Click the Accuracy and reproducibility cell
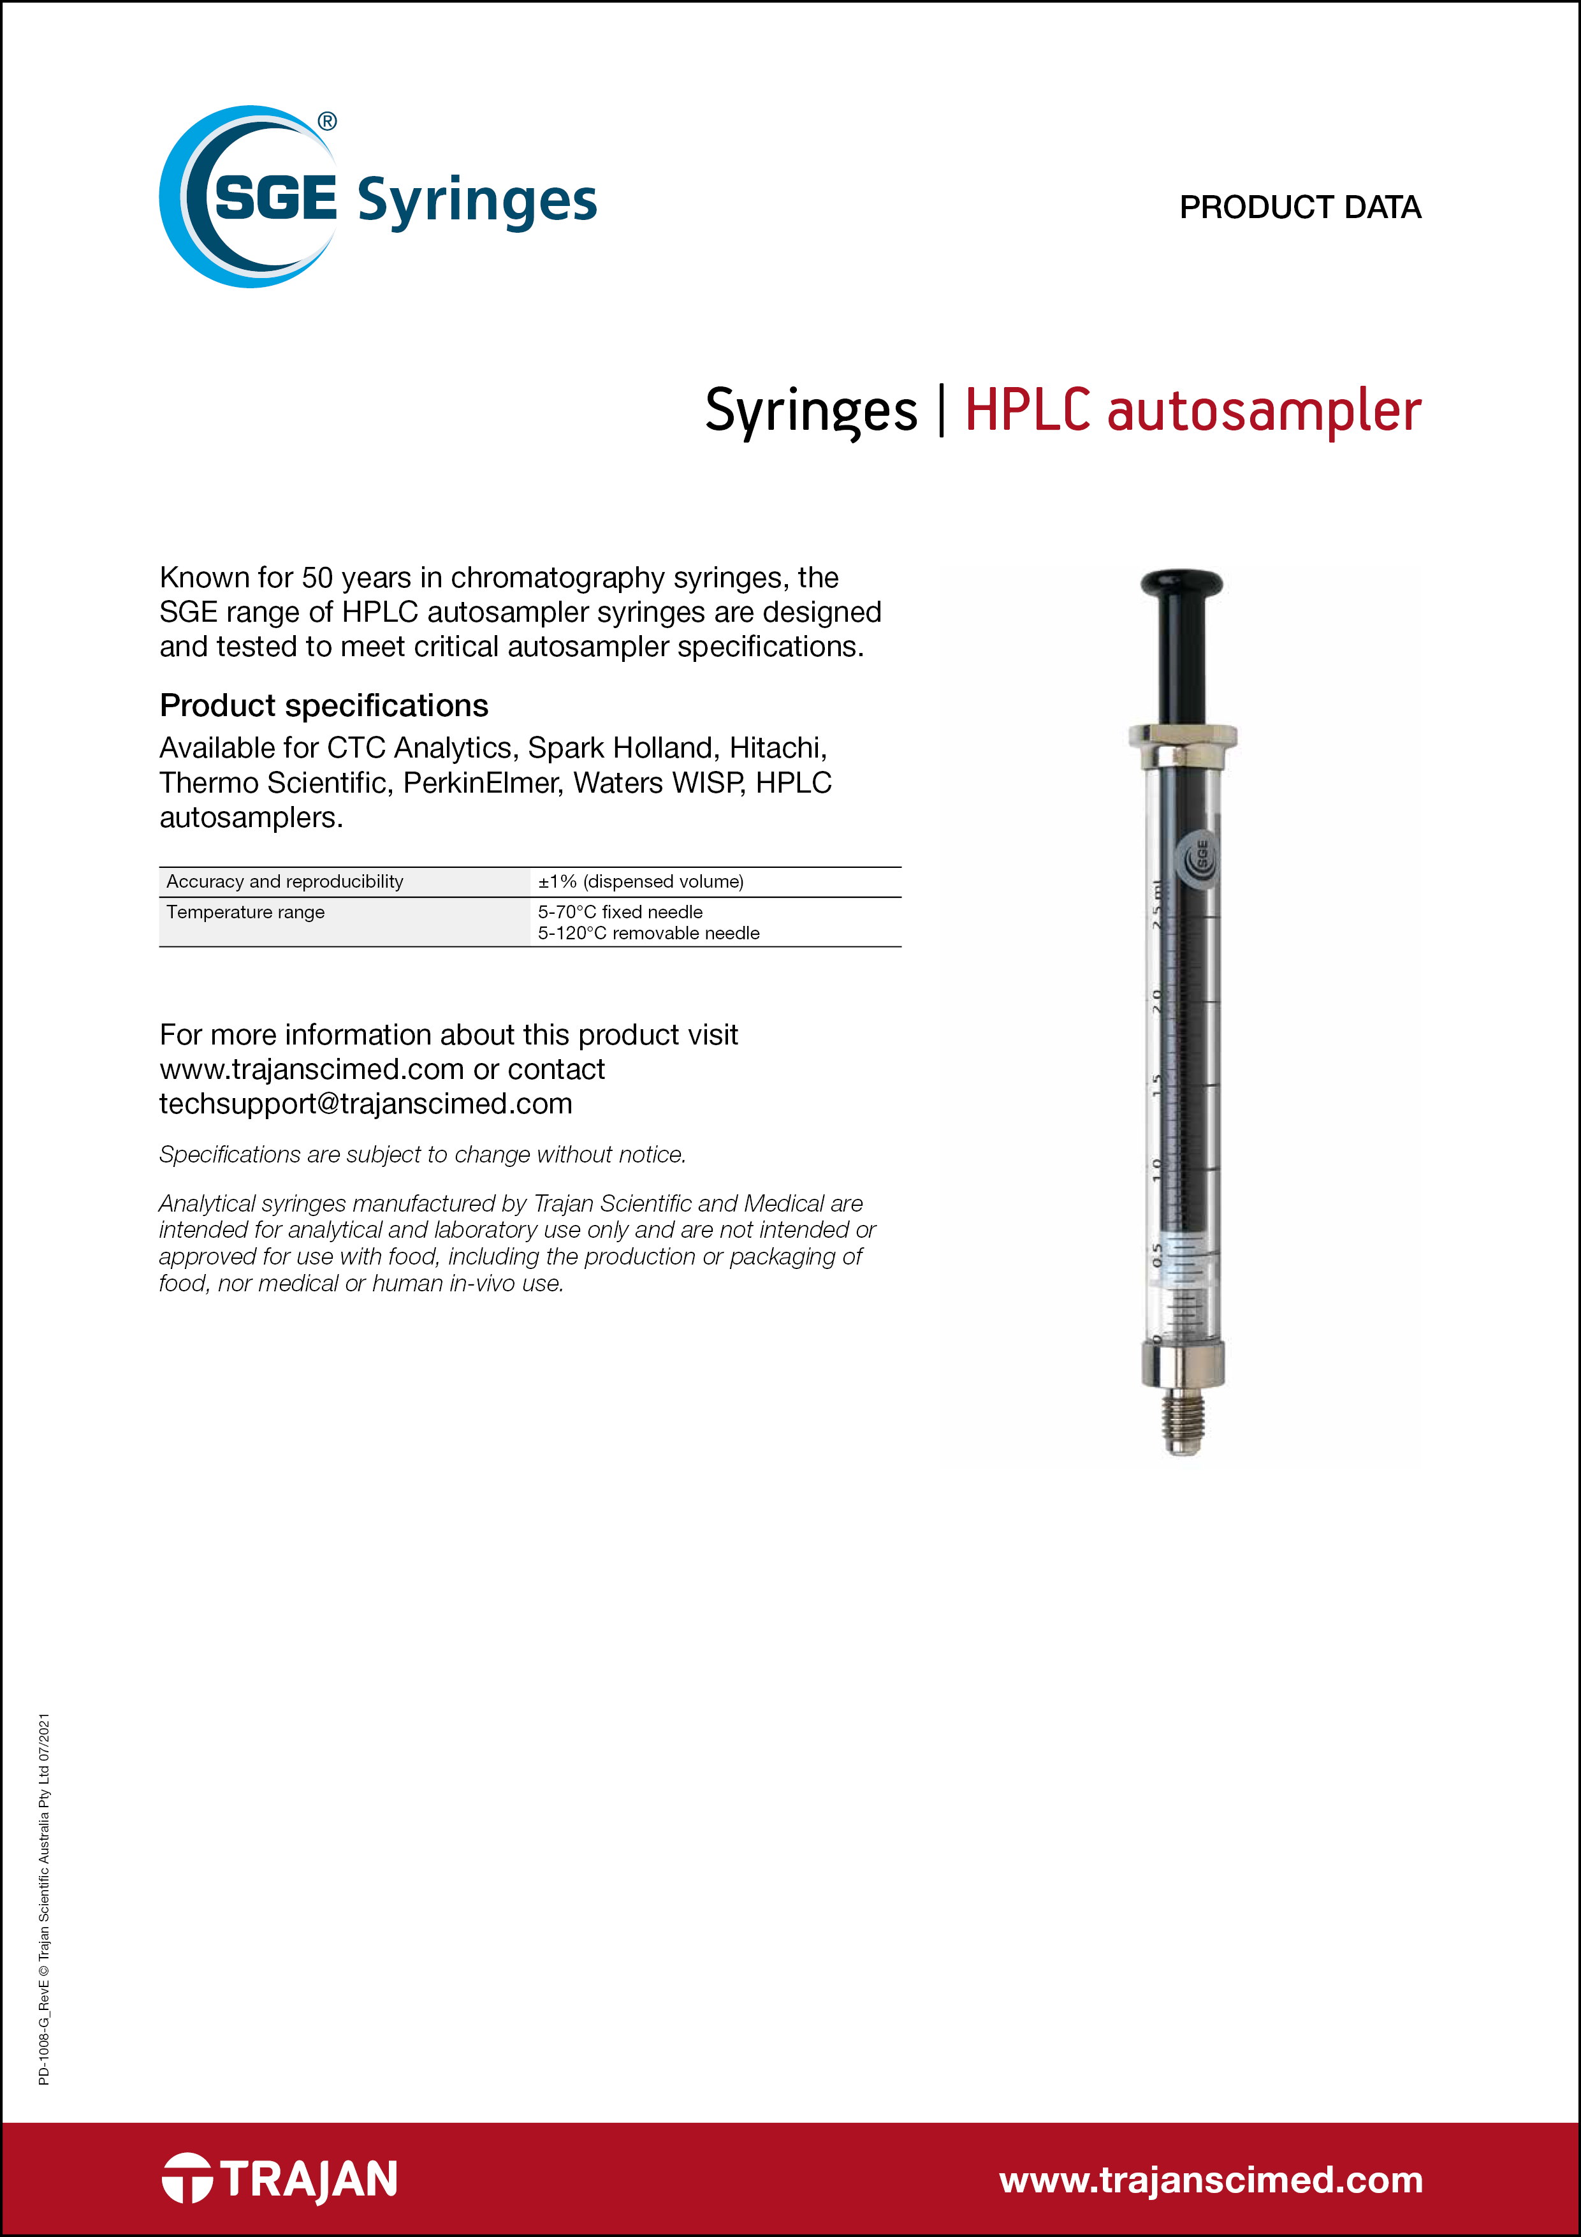[284, 882]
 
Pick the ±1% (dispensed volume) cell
[640, 882]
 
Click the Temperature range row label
[245, 912]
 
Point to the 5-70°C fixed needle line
[620, 912]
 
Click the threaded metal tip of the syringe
[1184, 1425]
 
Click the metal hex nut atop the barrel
[1183, 744]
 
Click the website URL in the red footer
[1211, 2180]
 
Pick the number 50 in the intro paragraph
[317, 578]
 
